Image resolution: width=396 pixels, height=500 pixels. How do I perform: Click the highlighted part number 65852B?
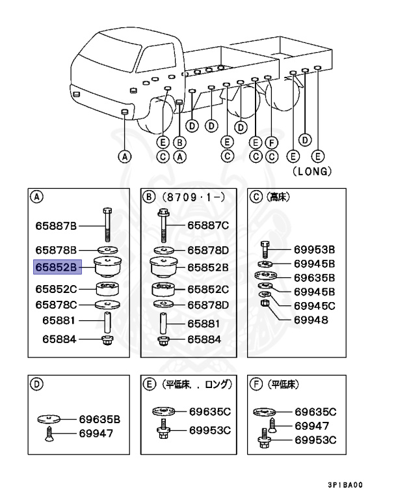(x=56, y=267)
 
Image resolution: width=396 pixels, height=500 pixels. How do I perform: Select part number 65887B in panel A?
(x=56, y=226)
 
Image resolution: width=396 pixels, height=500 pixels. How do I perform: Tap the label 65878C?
(x=56, y=305)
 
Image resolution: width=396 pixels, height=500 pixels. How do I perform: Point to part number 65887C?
(x=208, y=226)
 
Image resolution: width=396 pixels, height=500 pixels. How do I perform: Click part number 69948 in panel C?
(x=310, y=320)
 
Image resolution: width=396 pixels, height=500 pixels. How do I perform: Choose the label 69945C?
(x=314, y=305)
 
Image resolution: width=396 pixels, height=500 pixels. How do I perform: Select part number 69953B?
(x=314, y=249)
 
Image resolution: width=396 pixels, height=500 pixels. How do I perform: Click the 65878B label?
(x=56, y=249)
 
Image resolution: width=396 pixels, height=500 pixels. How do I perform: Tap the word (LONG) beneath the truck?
(x=313, y=172)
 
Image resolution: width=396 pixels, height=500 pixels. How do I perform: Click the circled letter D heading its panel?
(x=37, y=384)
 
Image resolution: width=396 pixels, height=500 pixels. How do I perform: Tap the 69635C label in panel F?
(x=315, y=411)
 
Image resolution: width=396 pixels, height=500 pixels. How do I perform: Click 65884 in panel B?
(x=204, y=339)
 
